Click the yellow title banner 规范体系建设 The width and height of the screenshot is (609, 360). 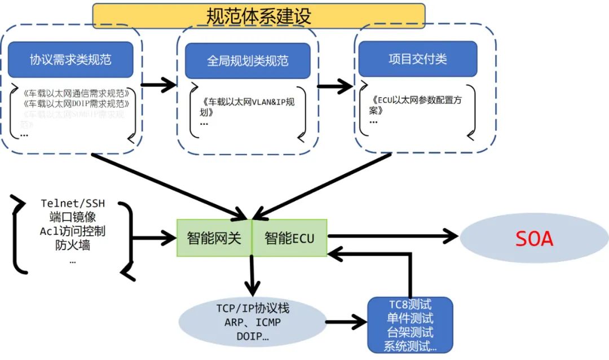point(258,15)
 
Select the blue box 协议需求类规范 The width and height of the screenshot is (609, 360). point(70,60)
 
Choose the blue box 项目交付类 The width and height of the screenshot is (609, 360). point(417,59)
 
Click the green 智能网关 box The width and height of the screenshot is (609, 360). point(214,238)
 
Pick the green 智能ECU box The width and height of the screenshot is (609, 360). point(289,238)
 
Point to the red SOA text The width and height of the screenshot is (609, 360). point(534,239)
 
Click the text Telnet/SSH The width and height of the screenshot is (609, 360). point(73,203)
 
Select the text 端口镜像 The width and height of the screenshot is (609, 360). point(73,217)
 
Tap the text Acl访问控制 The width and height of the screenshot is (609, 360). point(73,231)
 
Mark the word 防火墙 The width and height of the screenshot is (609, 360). point(73,245)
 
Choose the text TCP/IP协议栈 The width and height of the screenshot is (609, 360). point(252,309)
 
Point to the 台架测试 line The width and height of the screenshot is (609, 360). point(409,332)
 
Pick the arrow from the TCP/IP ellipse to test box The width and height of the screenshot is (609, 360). point(346,323)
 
